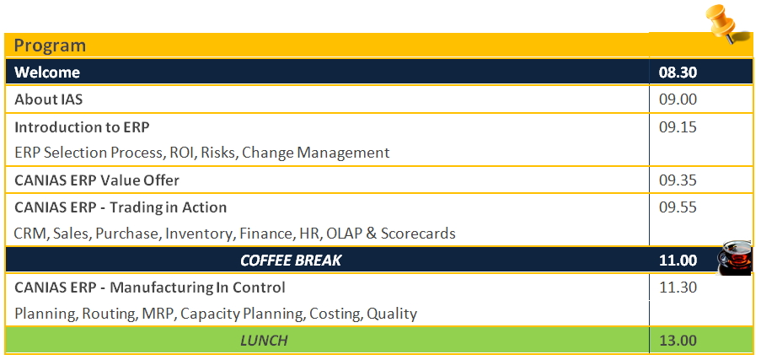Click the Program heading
pyautogui.click(x=50, y=46)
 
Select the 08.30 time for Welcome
pyautogui.click(x=678, y=73)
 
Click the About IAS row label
pyautogui.click(x=49, y=99)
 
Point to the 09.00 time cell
pyautogui.click(x=678, y=99)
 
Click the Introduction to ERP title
pyautogui.click(x=82, y=127)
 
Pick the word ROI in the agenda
pyautogui.click(x=181, y=153)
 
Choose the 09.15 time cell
pyautogui.click(x=678, y=127)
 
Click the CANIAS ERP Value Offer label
pyautogui.click(x=97, y=180)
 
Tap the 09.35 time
pyautogui.click(x=678, y=180)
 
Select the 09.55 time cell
pyautogui.click(x=678, y=207)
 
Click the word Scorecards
pyautogui.click(x=418, y=234)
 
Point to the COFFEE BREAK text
pyautogui.click(x=291, y=261)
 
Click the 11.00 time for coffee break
pyautogui.click(x=678, y=261)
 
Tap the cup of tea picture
pyautogui.click(x=734, y=257)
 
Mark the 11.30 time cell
pyautogui.click(x=678, y=287)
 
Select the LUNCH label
pyautogui.click(x=264, y=341)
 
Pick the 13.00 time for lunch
pyautogui.click(x=678, y=341)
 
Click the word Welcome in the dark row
pyautogui.click(x=47, y=73)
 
